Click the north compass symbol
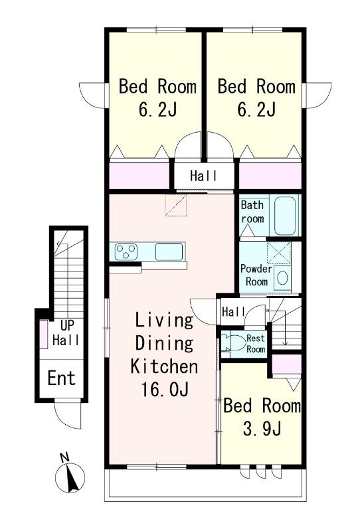70,477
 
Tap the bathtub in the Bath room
285,215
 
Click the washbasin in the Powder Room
282,278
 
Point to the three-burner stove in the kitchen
126,252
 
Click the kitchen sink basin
169,252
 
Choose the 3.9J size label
262,429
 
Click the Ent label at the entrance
61,378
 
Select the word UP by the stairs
67,325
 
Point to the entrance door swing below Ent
68,415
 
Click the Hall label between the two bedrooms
203,176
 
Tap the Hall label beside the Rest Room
233,311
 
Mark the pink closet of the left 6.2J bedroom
139,176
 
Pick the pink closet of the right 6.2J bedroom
270,176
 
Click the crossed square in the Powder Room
279,252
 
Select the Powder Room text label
256,275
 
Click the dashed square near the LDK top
176,205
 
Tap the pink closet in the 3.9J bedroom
287,364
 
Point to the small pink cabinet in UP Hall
44,334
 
